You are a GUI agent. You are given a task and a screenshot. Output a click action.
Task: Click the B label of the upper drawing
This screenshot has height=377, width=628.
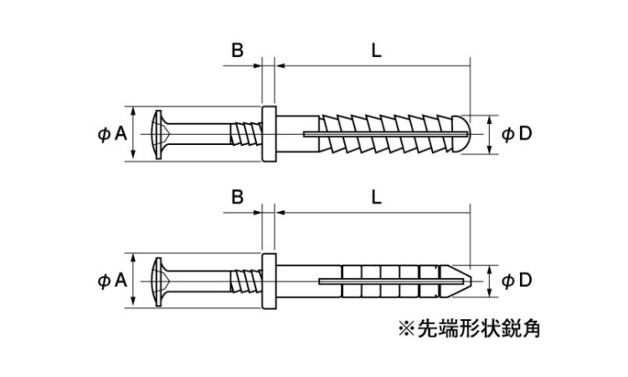238,50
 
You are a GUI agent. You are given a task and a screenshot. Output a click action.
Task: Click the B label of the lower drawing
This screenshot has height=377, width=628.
238,198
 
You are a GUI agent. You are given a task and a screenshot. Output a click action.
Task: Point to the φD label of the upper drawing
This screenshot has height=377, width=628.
517,133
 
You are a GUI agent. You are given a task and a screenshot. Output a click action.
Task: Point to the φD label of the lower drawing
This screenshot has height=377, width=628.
517,281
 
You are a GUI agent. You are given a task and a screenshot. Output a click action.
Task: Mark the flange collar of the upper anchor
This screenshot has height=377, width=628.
269,133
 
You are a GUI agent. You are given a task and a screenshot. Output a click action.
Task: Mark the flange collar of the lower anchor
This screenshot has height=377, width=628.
269,281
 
